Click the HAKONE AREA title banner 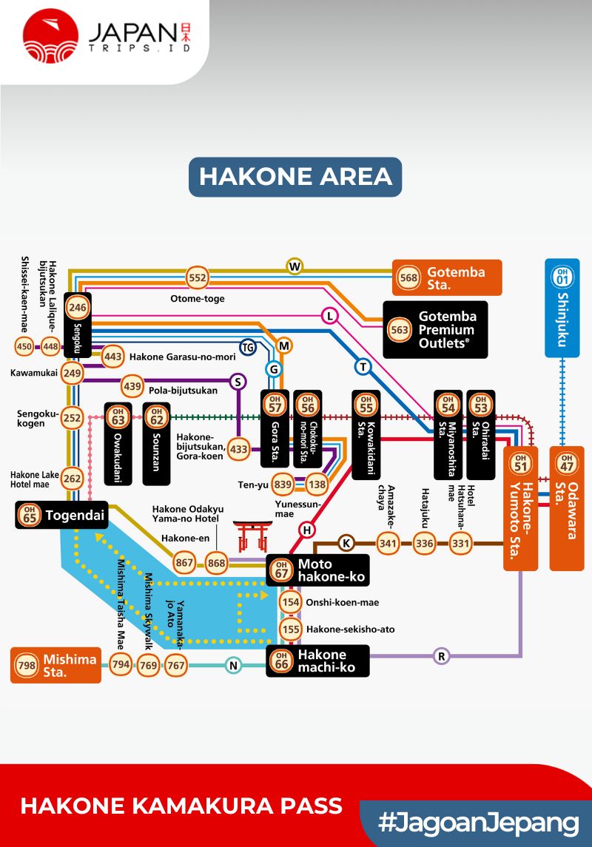295,177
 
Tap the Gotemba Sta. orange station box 447,277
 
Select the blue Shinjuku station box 562,307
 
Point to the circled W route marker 295,266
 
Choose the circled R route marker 442,656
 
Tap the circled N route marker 233,666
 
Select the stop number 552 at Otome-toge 198,278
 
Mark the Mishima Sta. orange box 56,665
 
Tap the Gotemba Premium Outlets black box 435,329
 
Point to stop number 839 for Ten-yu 283,484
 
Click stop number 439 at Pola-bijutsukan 132,385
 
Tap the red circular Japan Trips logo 50,36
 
